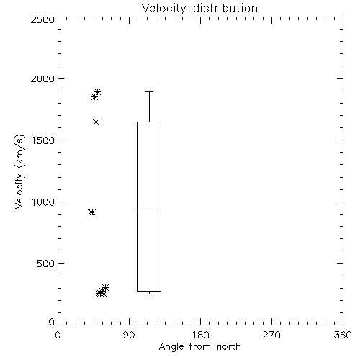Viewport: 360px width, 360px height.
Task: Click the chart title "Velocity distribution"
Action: pos(199,9)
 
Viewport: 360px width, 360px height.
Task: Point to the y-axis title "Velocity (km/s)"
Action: pos(19,171)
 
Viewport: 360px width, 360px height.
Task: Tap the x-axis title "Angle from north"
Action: pos(199,347)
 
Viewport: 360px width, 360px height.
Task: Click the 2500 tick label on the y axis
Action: pos(42,19)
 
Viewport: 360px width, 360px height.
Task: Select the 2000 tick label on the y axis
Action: pos(42,78)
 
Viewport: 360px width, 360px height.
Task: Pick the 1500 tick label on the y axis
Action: pos(43,140)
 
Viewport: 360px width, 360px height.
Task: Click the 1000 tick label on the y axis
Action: pos(43,202)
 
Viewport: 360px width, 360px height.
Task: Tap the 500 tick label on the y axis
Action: pos(45,264)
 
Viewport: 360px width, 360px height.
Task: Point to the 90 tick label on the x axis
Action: pos(129,335)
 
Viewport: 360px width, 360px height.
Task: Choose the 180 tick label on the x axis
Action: pos(200,335)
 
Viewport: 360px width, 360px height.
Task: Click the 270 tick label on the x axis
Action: pos(271,335)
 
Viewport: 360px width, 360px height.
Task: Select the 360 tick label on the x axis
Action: pos(343,335)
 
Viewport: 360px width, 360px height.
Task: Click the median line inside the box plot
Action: pos(149,212)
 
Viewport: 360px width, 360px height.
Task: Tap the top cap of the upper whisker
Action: pos(149,91)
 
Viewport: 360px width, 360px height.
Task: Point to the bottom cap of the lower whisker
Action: pos(149,294)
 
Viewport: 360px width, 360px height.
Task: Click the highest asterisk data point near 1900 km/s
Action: pos(97,91)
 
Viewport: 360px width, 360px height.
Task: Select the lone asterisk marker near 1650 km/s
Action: pos(96,122)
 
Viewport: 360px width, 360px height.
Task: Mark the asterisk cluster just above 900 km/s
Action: pos(91,212)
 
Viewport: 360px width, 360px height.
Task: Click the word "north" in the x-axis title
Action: pos(229,347)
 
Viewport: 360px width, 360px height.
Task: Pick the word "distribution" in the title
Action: pos(225,9)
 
